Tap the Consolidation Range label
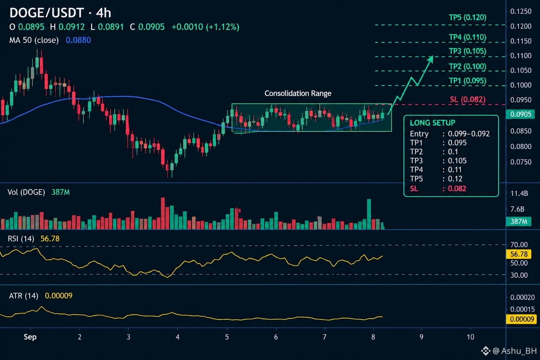click(x=298, y=93)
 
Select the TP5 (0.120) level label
click(x=468, y=17)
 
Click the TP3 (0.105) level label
click(x=468, y=51)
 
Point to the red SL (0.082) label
click(x=468, y=99)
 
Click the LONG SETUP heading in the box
click(x=432, y=123)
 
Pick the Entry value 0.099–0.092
click(x=469, y=134)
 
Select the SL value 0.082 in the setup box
click(x=457, y=188)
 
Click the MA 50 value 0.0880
click(x=78, y=40)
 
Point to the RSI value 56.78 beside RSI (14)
click(x=50, y=239)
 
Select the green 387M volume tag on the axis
click(x=519, y=221)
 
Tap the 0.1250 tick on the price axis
click(x=521, y=11)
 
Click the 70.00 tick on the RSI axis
click(x=519, y=245)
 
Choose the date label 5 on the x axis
click(x=227, y=337)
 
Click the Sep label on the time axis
click(x=30, y=337)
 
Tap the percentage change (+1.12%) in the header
click(x=223, y=27)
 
